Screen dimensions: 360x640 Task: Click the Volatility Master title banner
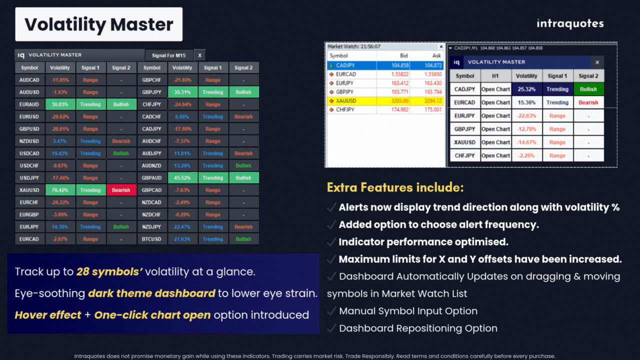[x=98, y=24]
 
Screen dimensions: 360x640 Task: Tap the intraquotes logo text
[x=570, y=23]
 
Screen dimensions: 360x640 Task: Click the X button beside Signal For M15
[x=199, y=55]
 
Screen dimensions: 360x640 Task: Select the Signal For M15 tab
[x=168, y=55]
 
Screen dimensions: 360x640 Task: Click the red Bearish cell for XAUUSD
[x=121, y=190]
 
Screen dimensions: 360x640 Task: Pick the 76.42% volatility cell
[x=60, y=190]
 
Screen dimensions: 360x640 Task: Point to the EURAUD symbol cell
[x=29, y=104]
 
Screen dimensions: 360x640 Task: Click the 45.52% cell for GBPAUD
[x=182, y=178]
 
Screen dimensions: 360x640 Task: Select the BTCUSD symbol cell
[x=151, y=239]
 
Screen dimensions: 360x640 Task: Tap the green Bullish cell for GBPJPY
[x=243, y=92]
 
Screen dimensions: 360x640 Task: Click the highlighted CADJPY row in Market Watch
[x=385, y=65]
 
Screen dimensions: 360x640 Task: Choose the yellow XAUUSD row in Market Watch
[x=385, y=101]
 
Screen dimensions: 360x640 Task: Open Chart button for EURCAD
[x=495, y=102]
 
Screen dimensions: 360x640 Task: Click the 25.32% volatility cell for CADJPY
[x=526, y=89]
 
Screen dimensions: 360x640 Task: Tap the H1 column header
[x=495, y=76]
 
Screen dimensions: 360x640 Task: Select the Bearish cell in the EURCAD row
[x=588, y=102]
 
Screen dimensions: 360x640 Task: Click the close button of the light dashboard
[x=597, y=62]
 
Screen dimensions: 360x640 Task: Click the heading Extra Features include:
[x=395, y=188]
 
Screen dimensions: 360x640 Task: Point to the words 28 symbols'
[x=109, y=272]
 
